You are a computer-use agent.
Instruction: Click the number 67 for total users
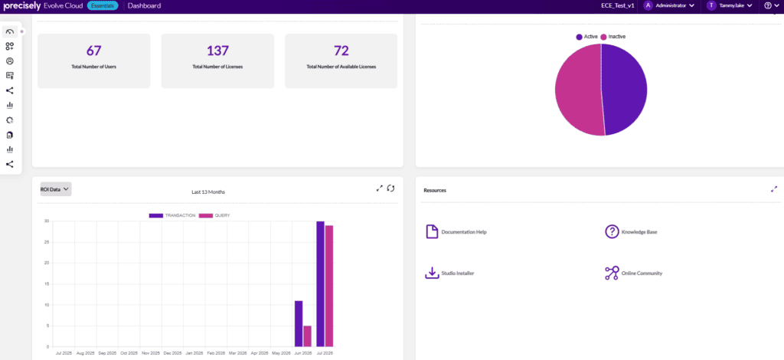[x=94, y=51]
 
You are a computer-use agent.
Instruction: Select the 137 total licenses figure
[x=217, y=51]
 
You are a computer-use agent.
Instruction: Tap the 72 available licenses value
[x=341, y=51]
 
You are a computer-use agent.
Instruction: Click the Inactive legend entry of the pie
[x=613, y=37]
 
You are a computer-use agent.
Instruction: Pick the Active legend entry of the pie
[x=587, y=37]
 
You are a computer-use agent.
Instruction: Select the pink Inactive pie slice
[x=577, y=90]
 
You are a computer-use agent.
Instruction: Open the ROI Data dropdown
[x=55, y=189]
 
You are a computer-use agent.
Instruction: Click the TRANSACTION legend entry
[x=172, y=215]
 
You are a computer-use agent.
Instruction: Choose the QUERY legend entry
[x=214, y=215]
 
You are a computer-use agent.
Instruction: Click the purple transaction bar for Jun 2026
[x=299, y=323]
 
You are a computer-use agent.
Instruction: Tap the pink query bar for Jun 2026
[x=308, y=336]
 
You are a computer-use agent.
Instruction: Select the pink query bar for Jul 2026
[x=329, y=286]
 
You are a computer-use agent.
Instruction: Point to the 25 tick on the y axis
[x=46, y=242]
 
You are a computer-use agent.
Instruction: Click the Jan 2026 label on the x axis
[x=194, y=353]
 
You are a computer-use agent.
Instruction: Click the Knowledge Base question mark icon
[x=612, y=232]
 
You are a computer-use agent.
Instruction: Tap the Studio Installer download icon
[x=432, y=273]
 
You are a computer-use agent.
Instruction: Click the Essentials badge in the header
[x=103, y=6]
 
